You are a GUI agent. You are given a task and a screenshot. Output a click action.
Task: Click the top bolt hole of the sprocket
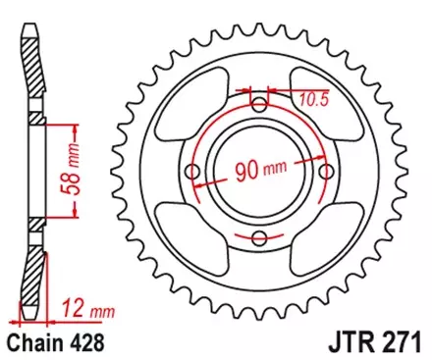pos(259,105)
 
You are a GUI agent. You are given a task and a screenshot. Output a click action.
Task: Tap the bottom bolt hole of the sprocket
pos(259,236)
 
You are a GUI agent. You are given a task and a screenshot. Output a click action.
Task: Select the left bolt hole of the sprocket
pos(193,171)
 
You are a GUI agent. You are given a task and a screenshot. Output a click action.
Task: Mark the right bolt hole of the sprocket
pos(325,171)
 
